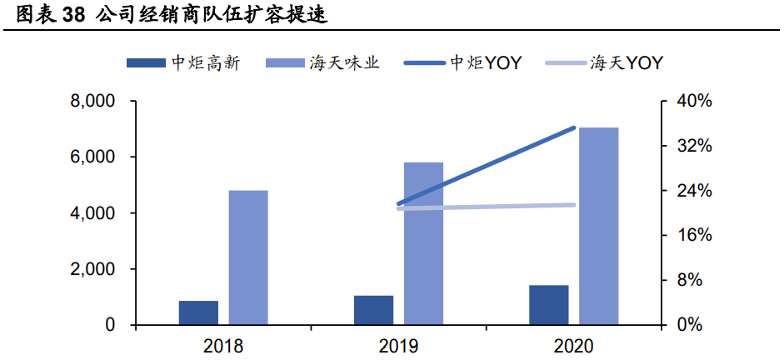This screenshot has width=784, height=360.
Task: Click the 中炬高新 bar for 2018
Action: (198, 312)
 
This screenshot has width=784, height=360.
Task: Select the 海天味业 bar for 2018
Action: (248, 257)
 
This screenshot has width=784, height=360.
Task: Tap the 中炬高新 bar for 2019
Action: (373, 310)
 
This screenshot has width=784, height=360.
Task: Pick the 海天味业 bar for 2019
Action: (423, 243)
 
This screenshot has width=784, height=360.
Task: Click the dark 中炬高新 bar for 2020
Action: (548, 305)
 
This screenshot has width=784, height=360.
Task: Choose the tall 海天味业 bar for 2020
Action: (599, 226)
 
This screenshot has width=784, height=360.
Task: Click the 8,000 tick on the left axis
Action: (92, 102)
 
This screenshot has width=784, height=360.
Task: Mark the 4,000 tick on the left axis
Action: (92, 213)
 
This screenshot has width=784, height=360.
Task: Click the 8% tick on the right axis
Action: (693, 280)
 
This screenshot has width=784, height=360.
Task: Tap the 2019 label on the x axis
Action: (398, 344)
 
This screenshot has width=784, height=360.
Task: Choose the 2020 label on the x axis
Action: (574, 344)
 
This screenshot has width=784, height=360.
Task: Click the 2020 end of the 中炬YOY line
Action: (574, 127)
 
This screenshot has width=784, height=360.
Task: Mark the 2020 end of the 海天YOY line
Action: (574, 205)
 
